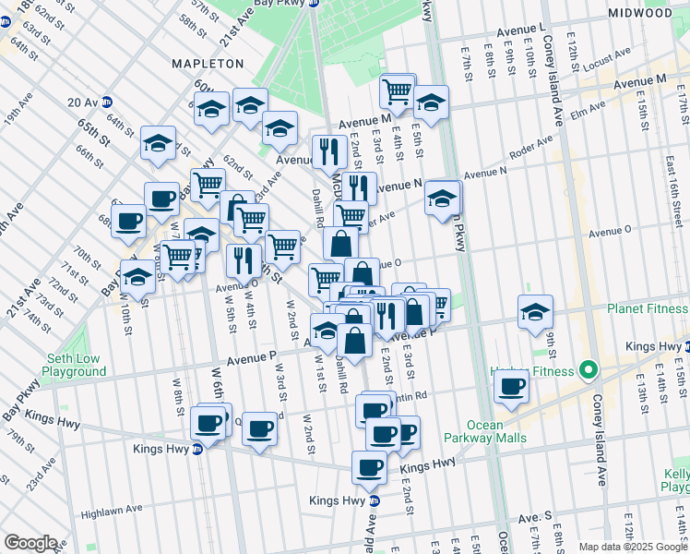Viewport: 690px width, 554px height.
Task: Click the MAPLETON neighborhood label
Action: click(x=208, y=64)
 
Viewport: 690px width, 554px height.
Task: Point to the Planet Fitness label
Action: click(x=648, y=309)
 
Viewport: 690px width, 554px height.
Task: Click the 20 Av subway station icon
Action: click(x=107, y=102)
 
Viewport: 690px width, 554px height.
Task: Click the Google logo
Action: click(x=31, y=542)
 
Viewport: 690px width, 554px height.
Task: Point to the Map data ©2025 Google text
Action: click(x=633, y=547)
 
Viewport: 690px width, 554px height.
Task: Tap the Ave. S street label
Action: click(x=534, y=518)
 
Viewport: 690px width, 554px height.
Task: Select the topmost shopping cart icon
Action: click(x=398, y=90)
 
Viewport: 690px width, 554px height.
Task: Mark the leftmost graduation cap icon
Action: click(x=137, y=277)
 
